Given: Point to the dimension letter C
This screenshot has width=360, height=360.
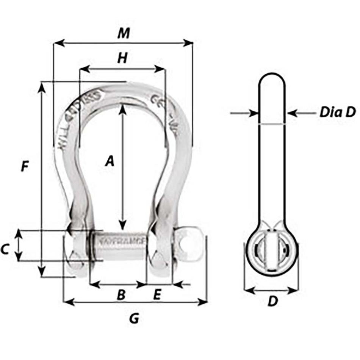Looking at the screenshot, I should click(x=5, y=249).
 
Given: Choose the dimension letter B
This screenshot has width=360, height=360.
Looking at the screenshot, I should click(x=121, y=295).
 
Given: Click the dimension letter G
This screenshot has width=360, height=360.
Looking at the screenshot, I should click(x=134, y=319).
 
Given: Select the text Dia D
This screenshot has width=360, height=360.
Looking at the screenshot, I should click(x=337, y=112).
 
